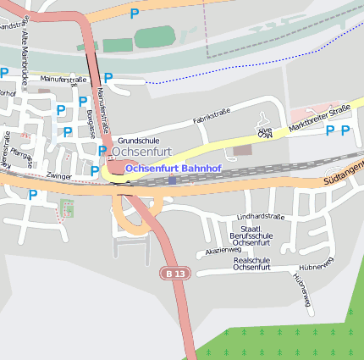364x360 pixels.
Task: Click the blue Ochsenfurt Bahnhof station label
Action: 173,169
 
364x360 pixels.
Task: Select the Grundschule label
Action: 139,140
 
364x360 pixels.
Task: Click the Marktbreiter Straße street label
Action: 318,118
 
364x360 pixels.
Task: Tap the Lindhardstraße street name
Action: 260,217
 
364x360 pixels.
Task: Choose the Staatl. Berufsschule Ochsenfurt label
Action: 250,235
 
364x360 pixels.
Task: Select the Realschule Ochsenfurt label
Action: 251,263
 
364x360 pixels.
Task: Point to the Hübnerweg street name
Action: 301,289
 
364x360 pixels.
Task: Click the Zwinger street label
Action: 59,176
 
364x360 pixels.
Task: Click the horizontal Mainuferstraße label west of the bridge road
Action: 63,80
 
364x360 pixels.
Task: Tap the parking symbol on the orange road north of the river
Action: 134,13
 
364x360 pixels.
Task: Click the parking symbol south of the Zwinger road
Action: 33,195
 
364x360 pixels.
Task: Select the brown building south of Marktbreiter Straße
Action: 243,150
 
